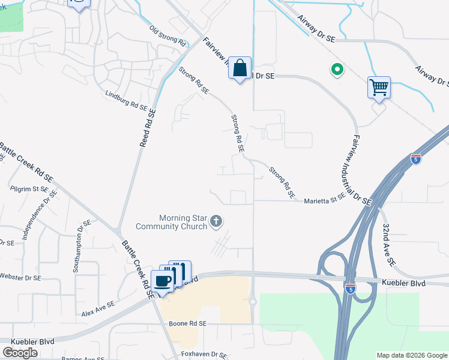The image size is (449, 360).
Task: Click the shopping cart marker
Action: tap(379, 88)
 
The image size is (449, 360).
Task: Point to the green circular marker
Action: tap(337, 70)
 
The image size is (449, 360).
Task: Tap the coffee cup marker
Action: tap(163, 280)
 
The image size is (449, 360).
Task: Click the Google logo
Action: tap(20, 353)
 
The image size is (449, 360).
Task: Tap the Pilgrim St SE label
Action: tap(29, 188)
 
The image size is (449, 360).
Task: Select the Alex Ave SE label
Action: tap(98, 309)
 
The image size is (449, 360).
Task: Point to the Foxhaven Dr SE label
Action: tap(203, 354)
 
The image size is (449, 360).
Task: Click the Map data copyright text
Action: tap(411, 355)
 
